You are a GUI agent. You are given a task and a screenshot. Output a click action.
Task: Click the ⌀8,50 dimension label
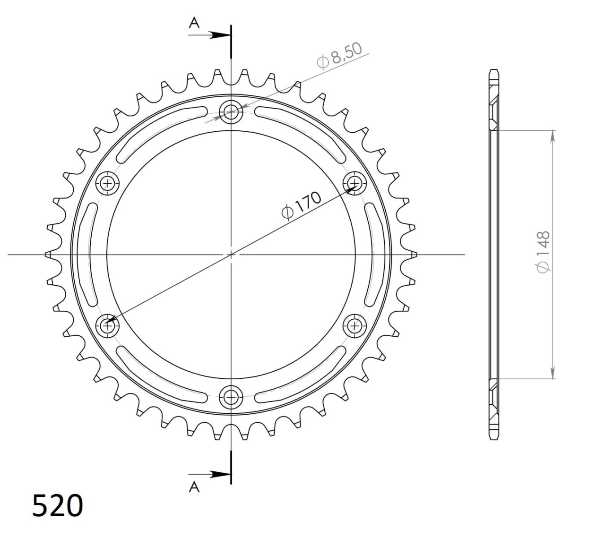(x=339, y=56)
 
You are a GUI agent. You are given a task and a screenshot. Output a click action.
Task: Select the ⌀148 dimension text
(x=543, y=252)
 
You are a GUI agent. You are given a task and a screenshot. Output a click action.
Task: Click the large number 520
(x=57, y=505)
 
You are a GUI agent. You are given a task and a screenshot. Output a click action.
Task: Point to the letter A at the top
(x=194, y=23)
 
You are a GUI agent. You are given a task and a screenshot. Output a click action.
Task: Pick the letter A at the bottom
(x=194, y=487)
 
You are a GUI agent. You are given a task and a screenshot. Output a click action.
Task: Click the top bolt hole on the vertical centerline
(x=231, y=112)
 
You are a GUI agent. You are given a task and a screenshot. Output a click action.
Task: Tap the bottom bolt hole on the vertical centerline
(x=231, y=397)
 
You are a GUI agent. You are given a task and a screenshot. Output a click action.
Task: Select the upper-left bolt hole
(x=107, y=183)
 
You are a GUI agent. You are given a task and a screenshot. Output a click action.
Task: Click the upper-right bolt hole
(x=354, y=183)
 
